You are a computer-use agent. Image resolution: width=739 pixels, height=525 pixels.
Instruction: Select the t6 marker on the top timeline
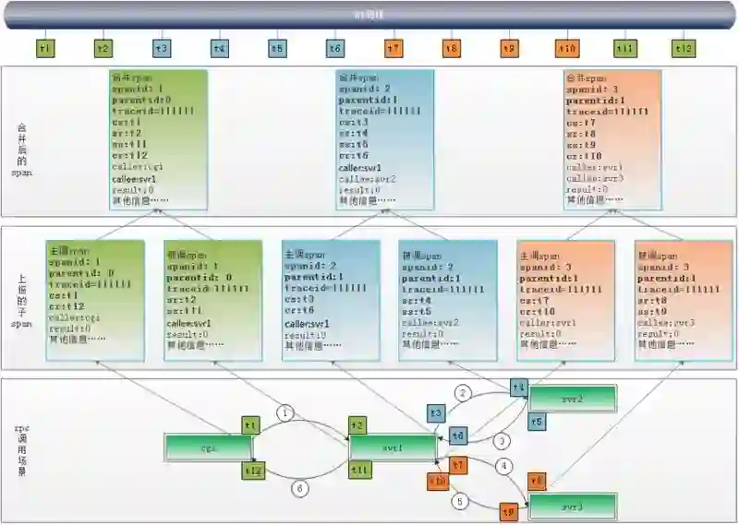click(335, 48)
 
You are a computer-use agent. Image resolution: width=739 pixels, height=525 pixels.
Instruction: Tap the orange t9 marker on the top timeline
click(509, 48)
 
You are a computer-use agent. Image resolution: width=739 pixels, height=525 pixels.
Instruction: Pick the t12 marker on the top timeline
click(684, 48)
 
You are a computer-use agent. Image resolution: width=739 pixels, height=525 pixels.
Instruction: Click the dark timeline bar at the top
click(369, 16)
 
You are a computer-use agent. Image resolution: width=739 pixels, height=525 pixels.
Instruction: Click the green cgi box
click(208, 447)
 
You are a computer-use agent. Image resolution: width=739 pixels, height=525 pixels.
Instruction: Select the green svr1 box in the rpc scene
click(392, 447)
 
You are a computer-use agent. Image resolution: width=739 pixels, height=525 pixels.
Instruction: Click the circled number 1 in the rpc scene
click(285, 412)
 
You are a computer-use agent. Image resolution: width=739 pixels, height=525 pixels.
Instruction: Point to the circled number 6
click(298, 487)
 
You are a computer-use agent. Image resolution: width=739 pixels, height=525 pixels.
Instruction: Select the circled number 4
click(503, 467)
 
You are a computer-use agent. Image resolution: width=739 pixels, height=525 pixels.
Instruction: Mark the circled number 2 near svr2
click(464, 393)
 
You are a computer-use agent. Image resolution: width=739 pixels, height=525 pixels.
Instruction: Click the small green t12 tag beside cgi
click(251, 471)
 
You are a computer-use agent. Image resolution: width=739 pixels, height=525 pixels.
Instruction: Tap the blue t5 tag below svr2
click(537, 421)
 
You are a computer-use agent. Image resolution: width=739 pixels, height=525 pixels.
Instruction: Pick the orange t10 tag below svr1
click(438, 482)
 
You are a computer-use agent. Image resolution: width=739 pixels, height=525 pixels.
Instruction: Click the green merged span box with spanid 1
click(158, 138)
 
